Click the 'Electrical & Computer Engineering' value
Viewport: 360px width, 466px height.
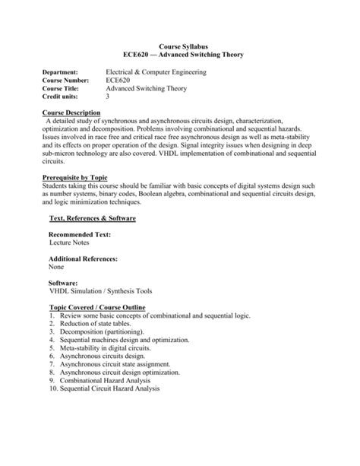[167, 71]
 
